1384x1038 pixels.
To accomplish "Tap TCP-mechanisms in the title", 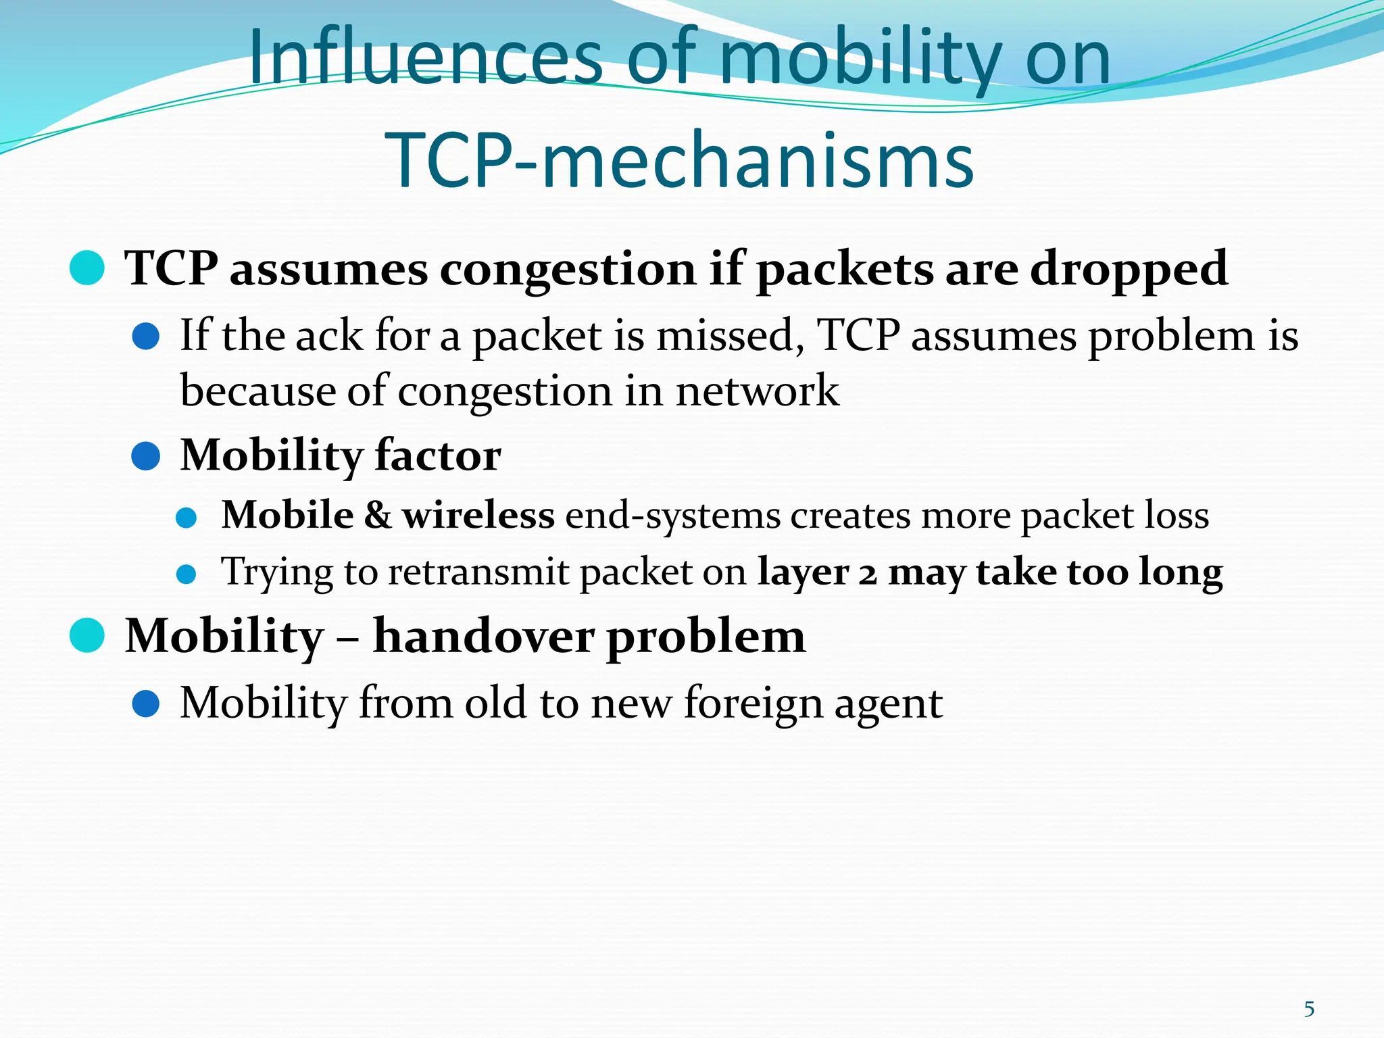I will point(679,160).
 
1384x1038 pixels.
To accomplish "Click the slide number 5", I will point(1309,1009).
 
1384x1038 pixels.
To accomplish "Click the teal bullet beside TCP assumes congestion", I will point(87,268).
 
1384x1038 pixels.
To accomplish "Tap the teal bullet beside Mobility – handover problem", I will point(87,635).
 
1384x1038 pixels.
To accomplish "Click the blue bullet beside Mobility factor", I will point(145,456).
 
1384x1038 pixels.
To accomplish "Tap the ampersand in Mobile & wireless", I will point(378,515).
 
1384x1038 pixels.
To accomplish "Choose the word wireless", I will point(478,515).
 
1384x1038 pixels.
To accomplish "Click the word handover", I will point(484,636).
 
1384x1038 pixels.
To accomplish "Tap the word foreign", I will point(753,703).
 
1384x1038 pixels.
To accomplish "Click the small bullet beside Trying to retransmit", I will point(186,574).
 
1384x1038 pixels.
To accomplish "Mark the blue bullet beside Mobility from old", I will point(145,703).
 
